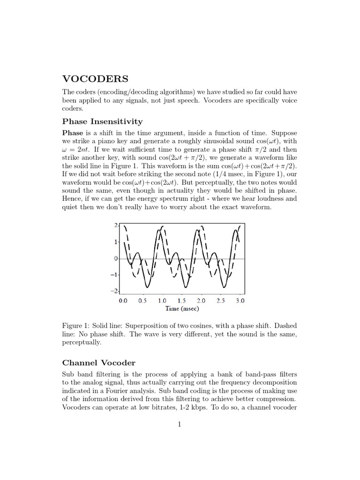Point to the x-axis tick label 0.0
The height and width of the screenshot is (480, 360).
tap(123, 300)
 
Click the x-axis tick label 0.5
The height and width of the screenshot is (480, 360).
tap(143, 300)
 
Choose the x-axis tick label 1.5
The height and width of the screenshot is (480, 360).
tap(181, 300)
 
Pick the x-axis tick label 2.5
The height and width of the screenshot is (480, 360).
tap(220, 300)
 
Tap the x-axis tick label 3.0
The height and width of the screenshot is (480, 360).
tap(240, 300)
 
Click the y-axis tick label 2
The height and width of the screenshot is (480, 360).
tap(116, 225)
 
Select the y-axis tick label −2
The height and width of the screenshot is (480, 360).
tap(114, 291)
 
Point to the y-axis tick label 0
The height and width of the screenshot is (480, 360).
tap(116, 258)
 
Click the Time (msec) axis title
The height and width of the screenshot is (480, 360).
tap(182, 309)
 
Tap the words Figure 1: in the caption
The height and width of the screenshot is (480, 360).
tap(77, 326)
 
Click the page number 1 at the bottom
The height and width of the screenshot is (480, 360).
tap(180, 425)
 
